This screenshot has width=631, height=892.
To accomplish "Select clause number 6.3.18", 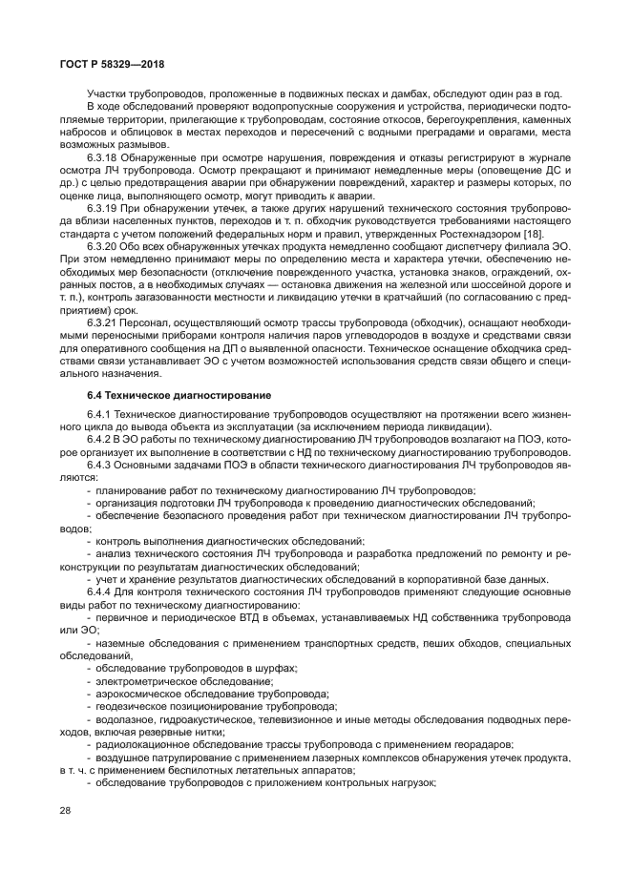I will [x=102, y=156].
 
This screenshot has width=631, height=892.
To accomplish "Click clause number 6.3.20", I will [x=102, y=244].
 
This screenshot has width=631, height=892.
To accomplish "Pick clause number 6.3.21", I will [x=102, y=322].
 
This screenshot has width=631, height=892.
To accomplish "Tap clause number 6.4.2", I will [x=98, y=439].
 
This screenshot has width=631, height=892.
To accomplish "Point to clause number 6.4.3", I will [x=98, y=464].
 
